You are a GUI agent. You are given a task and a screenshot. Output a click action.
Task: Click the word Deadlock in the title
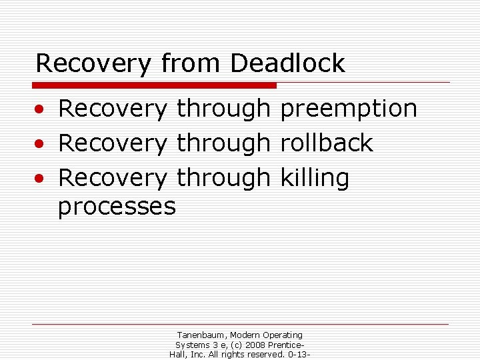coord(287,63)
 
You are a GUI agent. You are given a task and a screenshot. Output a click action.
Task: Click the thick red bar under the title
coord(155,85)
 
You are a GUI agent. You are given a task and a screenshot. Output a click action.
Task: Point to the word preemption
coord(349,109)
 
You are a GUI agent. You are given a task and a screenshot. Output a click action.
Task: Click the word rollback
coord(327,143)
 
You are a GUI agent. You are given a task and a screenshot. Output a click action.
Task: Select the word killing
coord(315,178)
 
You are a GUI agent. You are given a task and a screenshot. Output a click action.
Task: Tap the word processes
coord(117,206)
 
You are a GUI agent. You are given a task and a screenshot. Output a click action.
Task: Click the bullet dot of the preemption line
coord(41,109)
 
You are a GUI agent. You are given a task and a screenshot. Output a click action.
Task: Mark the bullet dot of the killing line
coord(41,179)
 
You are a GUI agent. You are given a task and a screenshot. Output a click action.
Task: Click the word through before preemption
coord(223,109)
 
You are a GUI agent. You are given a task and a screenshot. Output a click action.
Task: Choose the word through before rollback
coord(223,143)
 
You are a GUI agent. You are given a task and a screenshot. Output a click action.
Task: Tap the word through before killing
coord(223,178)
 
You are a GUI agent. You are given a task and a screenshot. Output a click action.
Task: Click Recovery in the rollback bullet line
coord(113,143)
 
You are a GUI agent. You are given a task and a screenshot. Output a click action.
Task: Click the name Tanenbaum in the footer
coord(203,335)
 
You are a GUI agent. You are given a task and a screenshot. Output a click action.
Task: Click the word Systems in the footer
coord(191,345)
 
